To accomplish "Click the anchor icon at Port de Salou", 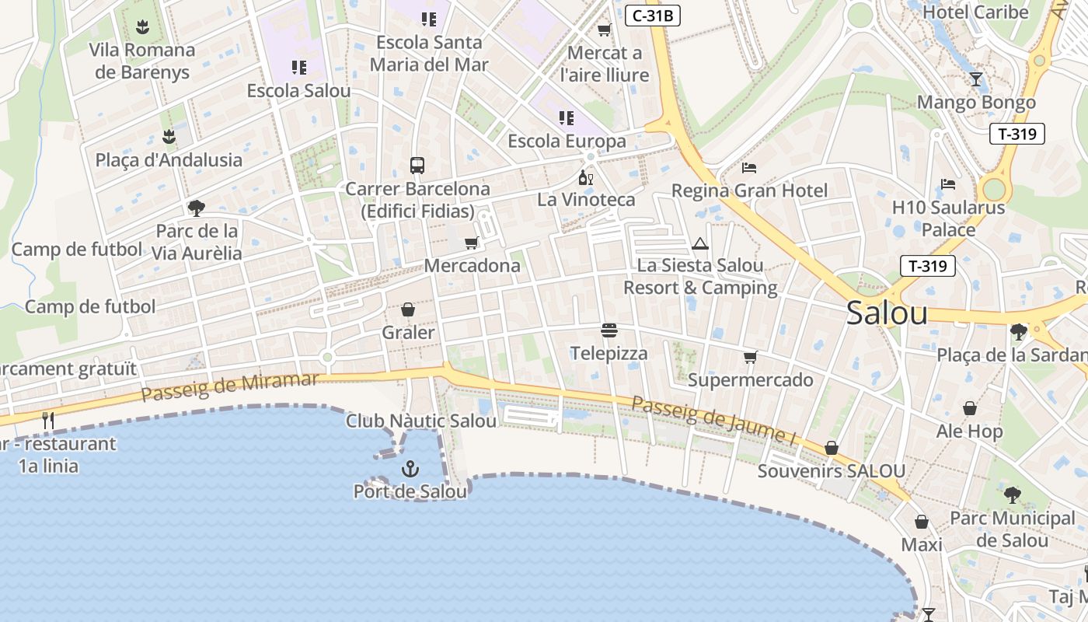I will point(410,469).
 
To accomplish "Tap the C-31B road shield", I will point(653,15).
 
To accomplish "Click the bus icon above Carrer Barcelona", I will point(417,166).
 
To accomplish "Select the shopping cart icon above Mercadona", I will point(471,243).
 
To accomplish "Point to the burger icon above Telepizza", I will point(609,331).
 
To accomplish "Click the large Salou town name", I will point(887,313).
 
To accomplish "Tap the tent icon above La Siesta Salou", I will point(700,243).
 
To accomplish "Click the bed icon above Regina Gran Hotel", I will point(749,168).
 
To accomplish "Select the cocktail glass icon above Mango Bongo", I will point(976,79).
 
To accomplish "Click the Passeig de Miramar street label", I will point(230,386).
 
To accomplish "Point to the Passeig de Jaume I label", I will point(714,421).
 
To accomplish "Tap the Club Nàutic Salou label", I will point(421,421).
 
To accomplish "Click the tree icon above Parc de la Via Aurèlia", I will point(196,208).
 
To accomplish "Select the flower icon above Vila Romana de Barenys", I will point(141,28).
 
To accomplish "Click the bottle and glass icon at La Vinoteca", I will point(586,177).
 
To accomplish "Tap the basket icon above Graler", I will point(408,310).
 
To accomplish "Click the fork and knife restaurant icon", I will point(48,421).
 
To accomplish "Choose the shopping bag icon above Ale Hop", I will point(970,408).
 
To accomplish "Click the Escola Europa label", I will point(567,142).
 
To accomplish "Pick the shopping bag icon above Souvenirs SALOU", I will point(832,449).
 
